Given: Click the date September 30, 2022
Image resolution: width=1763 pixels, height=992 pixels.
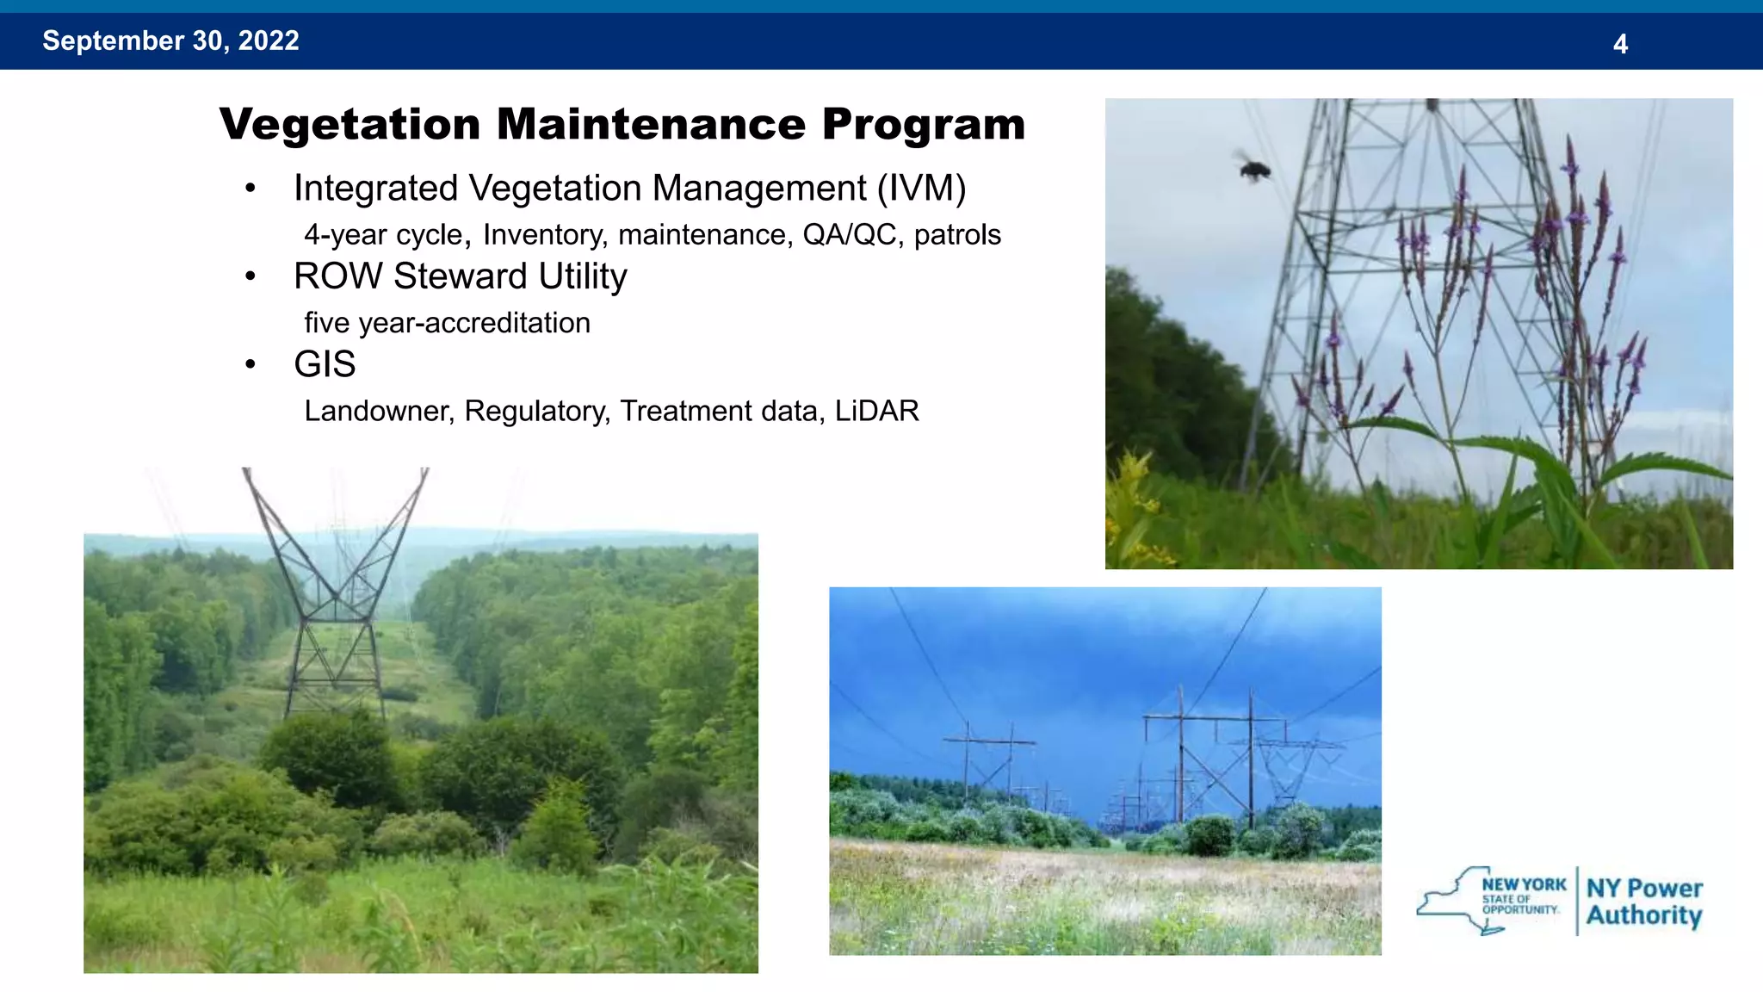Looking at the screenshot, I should coord(170,40).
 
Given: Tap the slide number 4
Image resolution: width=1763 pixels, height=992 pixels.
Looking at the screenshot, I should coord(1620,44).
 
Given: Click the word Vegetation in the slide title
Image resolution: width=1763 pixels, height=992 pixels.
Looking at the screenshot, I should coord(350,125).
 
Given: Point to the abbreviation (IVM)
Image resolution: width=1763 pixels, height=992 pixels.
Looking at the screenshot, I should coord(921,189).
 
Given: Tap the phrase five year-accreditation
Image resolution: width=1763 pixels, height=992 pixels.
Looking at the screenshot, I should coord(447,323).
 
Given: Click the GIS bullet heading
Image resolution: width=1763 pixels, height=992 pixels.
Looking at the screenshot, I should coord(325,364).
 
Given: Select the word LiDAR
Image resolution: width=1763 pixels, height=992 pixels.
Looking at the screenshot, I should coord(876,411).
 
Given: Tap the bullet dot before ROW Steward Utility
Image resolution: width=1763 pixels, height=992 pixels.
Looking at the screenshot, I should coord(251,276).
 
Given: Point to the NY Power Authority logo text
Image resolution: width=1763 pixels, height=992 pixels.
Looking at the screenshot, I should coord(1643,902).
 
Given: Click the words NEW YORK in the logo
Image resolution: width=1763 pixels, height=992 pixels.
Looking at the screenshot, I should coord(1524,884).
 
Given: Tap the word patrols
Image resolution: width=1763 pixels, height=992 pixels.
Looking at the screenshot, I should coord(957,235).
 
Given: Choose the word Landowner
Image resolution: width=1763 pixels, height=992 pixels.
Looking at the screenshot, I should coord(376,411).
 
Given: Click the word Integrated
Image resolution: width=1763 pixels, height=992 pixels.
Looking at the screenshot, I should coord(375,189).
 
